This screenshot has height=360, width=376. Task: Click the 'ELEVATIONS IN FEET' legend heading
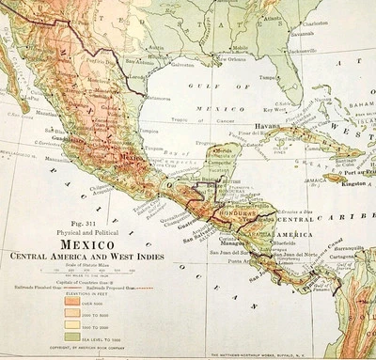click(x=86, y=295)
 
